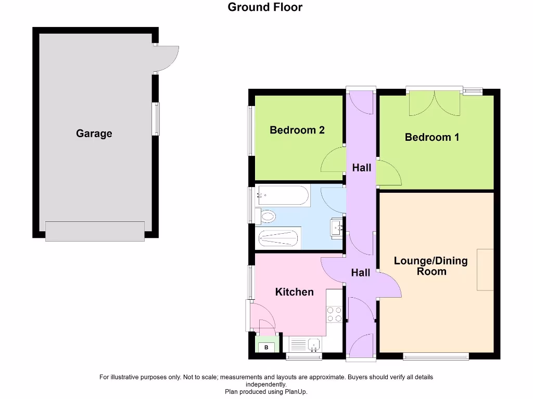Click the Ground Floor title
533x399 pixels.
(265, 7)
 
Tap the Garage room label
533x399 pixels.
(94, 134)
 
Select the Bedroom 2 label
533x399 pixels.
(297, 130)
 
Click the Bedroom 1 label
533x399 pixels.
(432, 137)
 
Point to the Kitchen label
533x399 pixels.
(294, 292)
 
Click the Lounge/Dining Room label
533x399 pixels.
(431, 265)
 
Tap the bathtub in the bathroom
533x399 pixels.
(282, 196)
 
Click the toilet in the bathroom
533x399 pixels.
(266, 216)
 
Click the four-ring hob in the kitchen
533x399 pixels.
(334, 314)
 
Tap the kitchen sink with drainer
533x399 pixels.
(306, 344)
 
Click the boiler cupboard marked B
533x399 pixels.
(266, 347)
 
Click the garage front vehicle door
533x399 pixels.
(95, 231)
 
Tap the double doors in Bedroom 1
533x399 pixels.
(435, 103)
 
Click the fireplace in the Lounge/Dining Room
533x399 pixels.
(485, 269)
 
